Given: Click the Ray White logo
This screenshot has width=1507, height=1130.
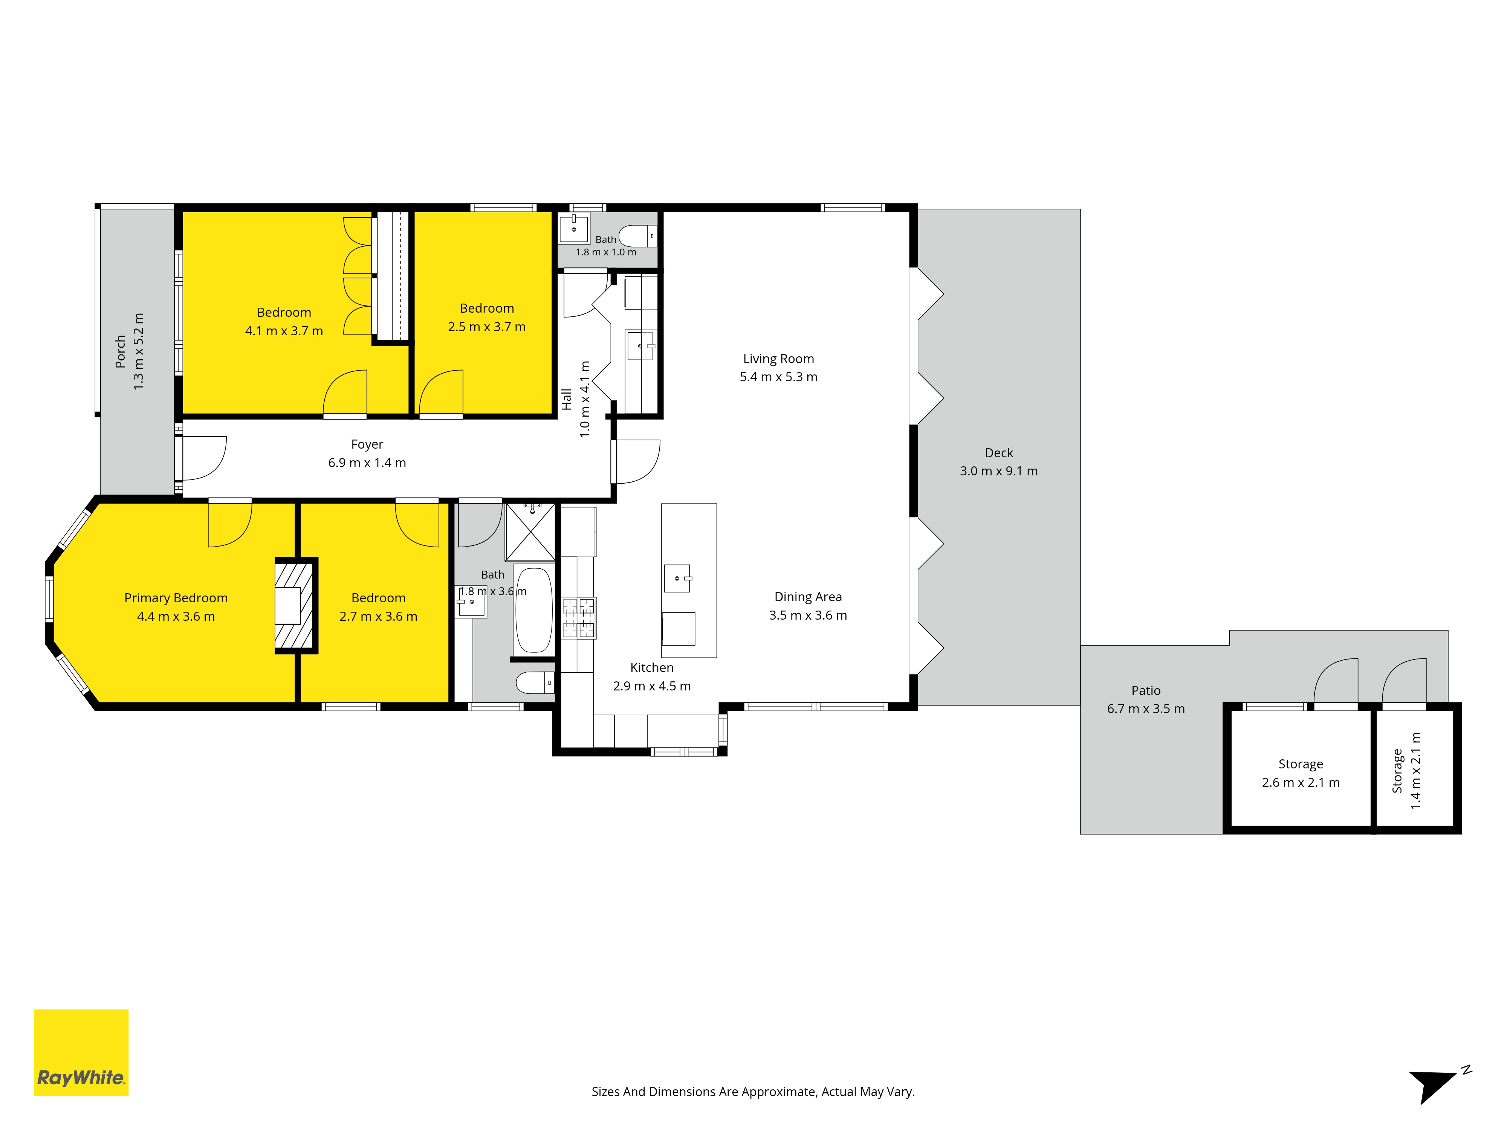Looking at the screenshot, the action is click(x=81, y=1052).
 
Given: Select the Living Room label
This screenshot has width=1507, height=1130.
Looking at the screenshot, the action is click(x=778, y=359).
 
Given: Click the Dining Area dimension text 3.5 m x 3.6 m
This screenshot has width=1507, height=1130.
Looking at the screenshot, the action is click(x=808, y=615).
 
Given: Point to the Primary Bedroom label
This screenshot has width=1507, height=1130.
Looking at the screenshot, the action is click(x=176, y=598).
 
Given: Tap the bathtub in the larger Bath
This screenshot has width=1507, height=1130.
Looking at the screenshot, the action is click(x=533, y=610).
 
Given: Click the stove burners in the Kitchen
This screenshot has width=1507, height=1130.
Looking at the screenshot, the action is click(x=578, y=618).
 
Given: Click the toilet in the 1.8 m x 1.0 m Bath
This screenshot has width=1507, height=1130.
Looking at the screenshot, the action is click(x=638, y=236).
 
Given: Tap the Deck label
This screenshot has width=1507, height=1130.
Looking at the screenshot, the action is click(x=999, y=453).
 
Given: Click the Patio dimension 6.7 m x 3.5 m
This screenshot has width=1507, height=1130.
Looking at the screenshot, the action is click(x=1146, y=709).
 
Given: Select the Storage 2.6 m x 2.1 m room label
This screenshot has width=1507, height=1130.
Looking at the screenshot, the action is click(x=1301, y=764).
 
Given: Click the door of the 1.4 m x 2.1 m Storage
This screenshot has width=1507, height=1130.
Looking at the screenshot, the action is click(x=1404, y=681).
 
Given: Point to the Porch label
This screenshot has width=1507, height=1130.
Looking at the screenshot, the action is click(x=121, y=351).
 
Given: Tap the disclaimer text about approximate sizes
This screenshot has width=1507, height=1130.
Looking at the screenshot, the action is click(x=753, y=1092).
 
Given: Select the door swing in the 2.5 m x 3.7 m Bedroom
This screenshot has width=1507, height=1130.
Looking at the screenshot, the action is click(x=441, y=392).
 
